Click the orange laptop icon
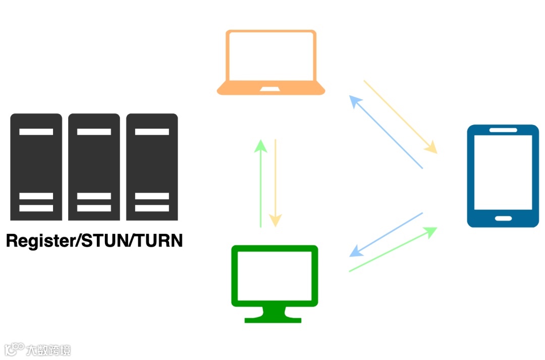tap(271, 63)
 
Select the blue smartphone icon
tap(503, 175)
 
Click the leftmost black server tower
tap(36, 166)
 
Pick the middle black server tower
tap(94, 166)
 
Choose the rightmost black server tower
tap(152, 166)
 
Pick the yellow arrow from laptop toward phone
tap(400, 116)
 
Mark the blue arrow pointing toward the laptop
tap(386, 133)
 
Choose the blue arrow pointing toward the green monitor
tap(386, 234)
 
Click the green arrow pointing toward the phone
tap(393, 250)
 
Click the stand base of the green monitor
tap(273, 319)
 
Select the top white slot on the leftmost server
tap(36, 132)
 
